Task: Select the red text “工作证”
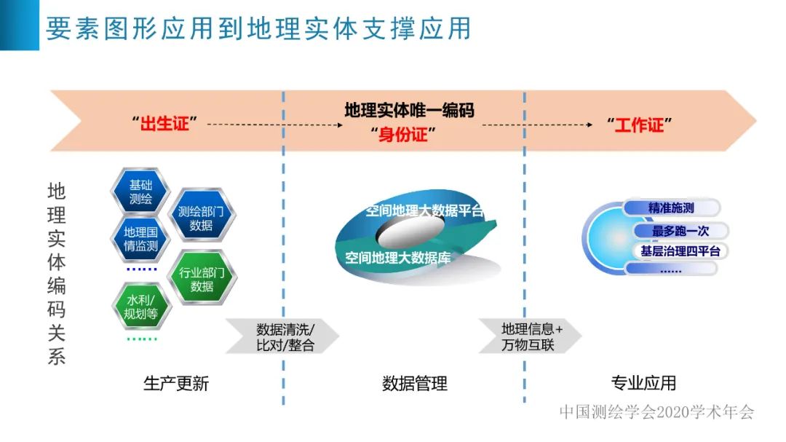(x=639, y=125)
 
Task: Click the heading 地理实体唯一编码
(x=409, y=110)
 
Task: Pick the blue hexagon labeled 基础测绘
(x=140, y=191)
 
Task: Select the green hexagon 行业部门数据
(x=202, y=280)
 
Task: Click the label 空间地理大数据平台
(x=425, y=211)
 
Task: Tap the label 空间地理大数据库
(x=398, y=257)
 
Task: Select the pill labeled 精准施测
(x=671, y=208)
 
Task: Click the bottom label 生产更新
(x=176, y=383)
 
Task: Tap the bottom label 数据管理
(x=415, y=383)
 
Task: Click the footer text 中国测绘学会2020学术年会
(x=656, y=411)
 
